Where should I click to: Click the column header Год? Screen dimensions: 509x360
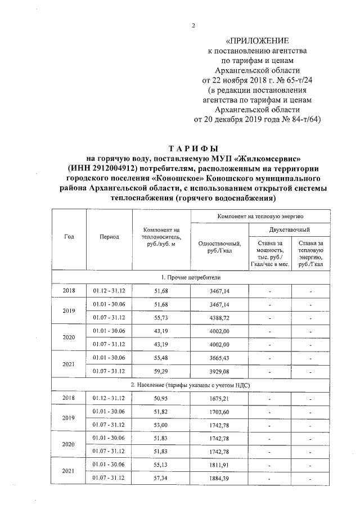point(69,237)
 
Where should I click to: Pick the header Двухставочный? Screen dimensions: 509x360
point(291,229)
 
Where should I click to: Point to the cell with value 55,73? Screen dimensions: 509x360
point(161,318)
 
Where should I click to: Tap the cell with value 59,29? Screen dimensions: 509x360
point(161,371)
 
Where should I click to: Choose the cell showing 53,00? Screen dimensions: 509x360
point(161,425)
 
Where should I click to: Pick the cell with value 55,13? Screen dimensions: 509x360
point(161,465)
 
